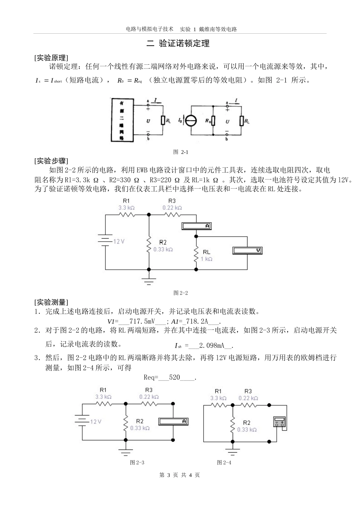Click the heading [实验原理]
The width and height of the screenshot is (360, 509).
click(51, 58)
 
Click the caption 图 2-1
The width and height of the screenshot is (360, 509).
click(181, 152)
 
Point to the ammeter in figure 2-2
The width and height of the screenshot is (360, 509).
click(196, 226)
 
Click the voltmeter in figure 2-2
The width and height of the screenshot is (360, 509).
click(247, 250)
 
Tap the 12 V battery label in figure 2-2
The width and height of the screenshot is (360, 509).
click(119, 241)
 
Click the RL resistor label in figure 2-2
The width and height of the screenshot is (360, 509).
click(207, 252)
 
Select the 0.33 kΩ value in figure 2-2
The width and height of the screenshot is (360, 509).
click(163, 250)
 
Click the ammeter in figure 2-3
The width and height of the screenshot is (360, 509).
click(173, 421)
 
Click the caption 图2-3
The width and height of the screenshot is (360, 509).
click(137, 462)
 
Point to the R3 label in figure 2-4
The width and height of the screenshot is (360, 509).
click(248, 391)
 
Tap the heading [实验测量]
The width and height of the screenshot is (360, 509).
click(51, 302)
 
